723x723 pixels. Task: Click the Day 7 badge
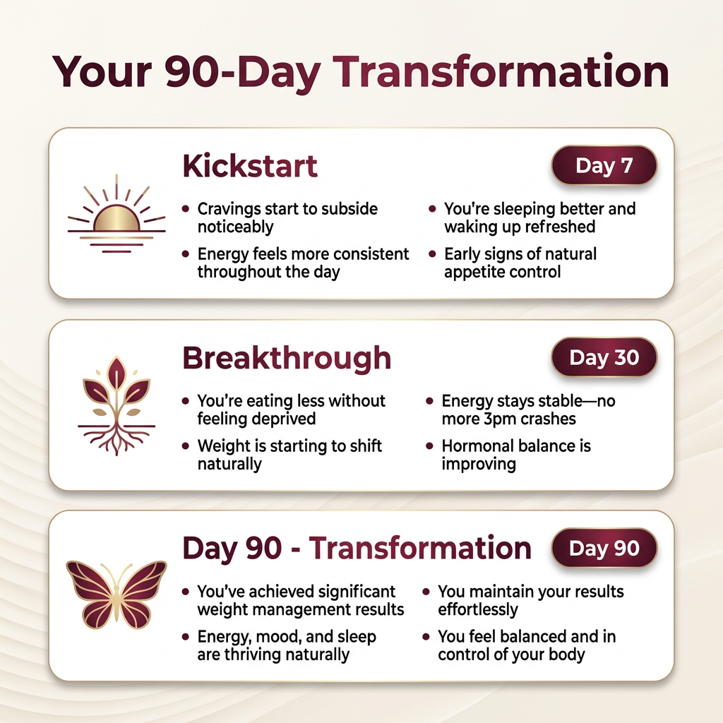click(604, 165)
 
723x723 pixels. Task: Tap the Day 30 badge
click(604, 357)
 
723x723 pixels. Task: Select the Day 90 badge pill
click(604, 548)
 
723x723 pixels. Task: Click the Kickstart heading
click(250, 166)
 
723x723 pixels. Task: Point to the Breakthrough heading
click(287, 358)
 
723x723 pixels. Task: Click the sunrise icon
click(116, 214)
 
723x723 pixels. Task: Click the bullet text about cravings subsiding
click(287, 217)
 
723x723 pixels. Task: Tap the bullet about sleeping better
click(540, 217)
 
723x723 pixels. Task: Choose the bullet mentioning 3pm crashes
click(528, 410)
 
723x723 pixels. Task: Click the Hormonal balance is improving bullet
click(516, 455)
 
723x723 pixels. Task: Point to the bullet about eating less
click(291, 410)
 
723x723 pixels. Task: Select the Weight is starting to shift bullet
click(289, 455)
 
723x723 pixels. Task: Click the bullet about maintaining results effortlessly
click(531, 600)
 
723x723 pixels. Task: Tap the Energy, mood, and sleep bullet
click(287, 645)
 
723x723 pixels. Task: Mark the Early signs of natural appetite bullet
click(520, 263)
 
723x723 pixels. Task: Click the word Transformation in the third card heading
click(420, 548)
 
